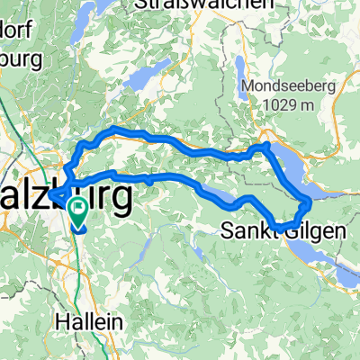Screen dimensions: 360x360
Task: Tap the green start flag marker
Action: click(77, 212)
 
